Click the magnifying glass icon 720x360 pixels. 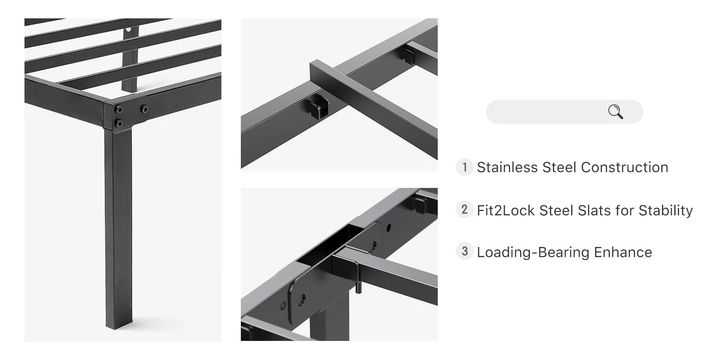pos(616,112)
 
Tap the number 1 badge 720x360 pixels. pos(464,167)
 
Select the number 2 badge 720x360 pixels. pos(464,210)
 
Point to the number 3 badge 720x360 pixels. pos(464,251)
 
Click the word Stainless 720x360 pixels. pos(507,167)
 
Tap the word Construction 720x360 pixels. pos(625,167)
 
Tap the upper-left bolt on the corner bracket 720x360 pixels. pos(118,109)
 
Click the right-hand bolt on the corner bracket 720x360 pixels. pos(144,109)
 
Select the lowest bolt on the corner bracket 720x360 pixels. pos(118,123)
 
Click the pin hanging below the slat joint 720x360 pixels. pos(358,288)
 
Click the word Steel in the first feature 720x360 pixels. pos(559,167)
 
